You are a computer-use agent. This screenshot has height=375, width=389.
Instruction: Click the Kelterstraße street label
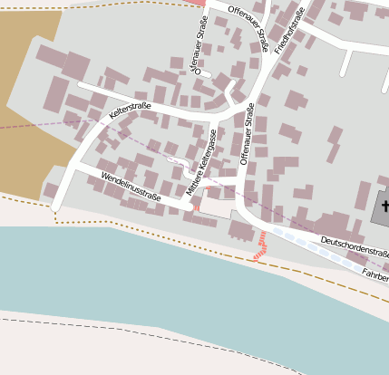pos(130,111)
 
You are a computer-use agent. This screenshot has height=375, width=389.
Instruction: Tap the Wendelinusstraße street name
pos(131,185)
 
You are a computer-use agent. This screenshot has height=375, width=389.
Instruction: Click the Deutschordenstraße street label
pos(355,245)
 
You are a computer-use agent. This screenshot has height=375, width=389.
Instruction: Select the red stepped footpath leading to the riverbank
pos(261,245)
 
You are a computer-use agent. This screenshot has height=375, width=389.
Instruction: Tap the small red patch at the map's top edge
pos(196,3)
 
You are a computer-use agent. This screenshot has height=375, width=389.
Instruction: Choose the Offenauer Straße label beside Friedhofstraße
pos(249,25)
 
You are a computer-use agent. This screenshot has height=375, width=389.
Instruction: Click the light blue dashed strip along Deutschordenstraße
pos(308,245)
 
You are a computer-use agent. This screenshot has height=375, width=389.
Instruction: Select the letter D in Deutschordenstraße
pos(324,237)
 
